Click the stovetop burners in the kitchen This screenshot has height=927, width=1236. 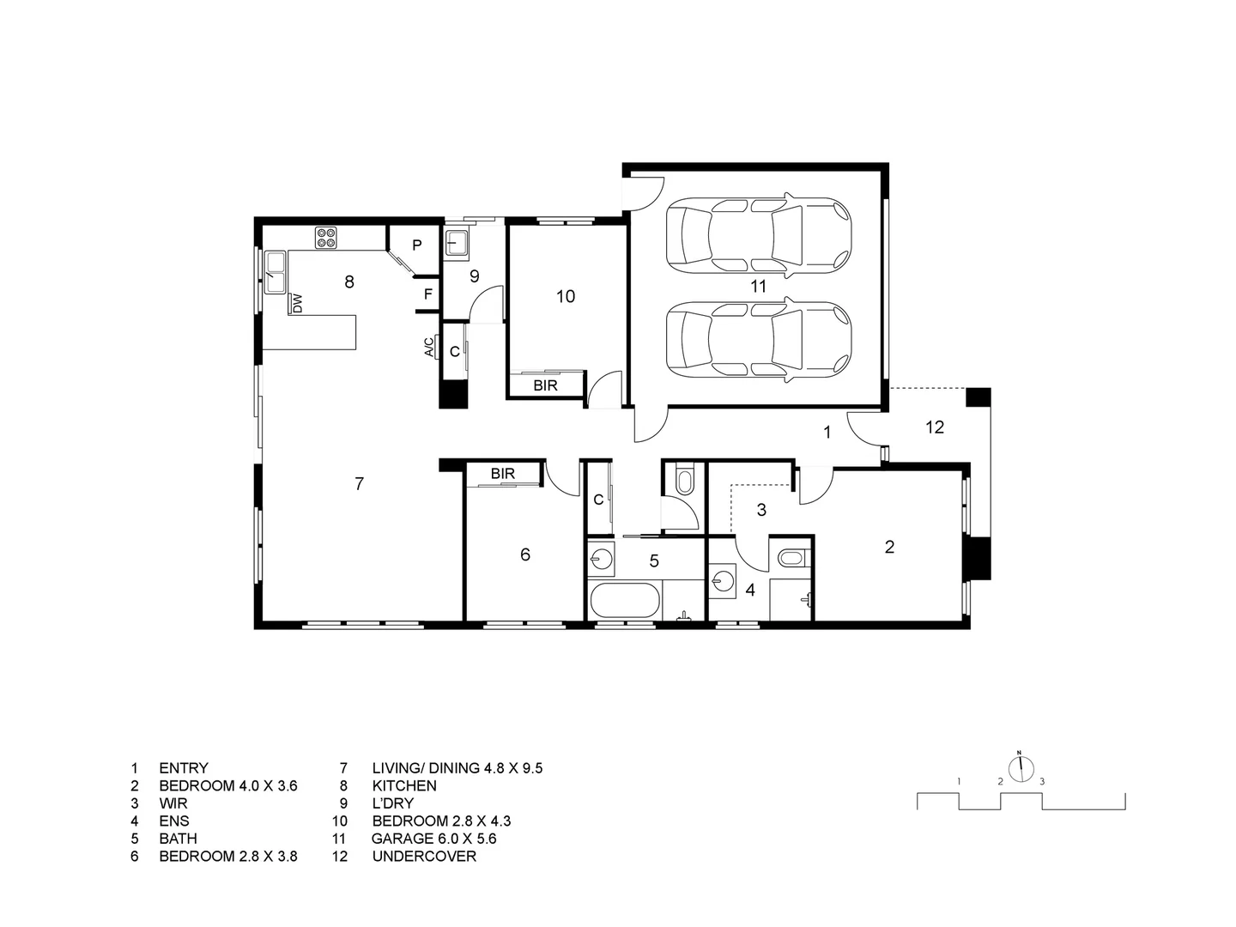(326, 237)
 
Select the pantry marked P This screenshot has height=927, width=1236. (416, 245)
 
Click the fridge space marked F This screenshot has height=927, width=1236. (427, 295)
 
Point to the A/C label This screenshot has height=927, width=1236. (429, 347)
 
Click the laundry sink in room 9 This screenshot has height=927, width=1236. (456, 243)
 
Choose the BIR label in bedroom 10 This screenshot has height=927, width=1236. (545, 385)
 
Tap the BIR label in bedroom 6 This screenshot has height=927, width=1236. (503, 474)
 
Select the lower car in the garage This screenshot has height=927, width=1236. (759, 340)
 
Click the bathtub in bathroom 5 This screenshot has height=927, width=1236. (625, 600)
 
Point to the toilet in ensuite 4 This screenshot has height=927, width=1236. (790, 560)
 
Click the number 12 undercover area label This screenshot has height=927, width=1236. (934, 427)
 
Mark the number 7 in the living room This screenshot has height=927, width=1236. (359, 484)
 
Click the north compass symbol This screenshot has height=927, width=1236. (1020, 768)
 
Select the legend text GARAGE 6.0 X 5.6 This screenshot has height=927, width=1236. (433, 839)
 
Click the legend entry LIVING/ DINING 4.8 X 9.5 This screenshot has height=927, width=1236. (457, 768)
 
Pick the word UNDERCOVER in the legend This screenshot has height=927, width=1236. (424, 856)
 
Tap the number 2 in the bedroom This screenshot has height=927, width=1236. (889, 547)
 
